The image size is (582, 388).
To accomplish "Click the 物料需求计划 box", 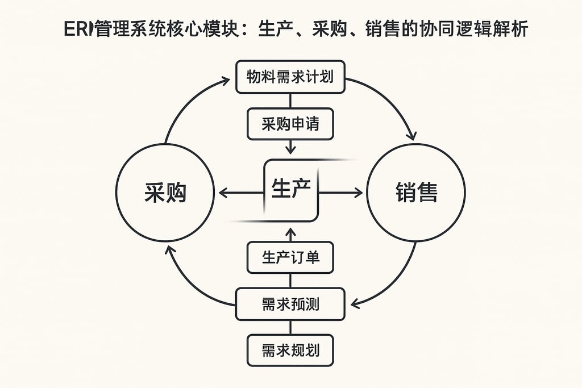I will pyautogui.click(x=290, y=77).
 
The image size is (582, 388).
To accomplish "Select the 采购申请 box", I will pyautogui.click(x=290, y=124).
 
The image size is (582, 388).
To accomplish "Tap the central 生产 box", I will pyautogui.click(x=291, y=190).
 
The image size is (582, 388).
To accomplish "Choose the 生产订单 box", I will pyautogui.click(x=290, y=257).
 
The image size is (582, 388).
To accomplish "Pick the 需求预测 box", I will pyautogui.click(x=290, y=304).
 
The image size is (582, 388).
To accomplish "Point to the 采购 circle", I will pyautogui.click(x=165, y=193).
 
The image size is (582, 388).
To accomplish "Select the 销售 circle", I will pyautogui.click(x=416, y=193).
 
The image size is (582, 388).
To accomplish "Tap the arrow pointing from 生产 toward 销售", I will pyautogui.click(x=341, y=193).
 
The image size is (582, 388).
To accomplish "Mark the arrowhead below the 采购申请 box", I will pyautogui.click(x=290, y=149).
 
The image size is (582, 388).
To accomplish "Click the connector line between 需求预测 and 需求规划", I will pyautogui.click(x=290, y=327).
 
